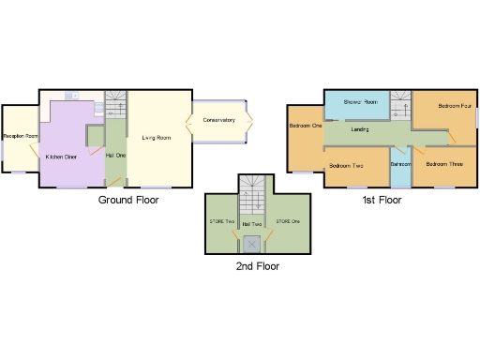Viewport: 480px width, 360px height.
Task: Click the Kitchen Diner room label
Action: point(61,157)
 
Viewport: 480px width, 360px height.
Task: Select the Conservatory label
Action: point(217,120)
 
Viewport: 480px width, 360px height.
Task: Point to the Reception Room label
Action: point(18,137)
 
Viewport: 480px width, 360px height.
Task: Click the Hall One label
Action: point(115,154)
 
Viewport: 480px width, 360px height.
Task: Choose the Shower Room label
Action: point(360,101)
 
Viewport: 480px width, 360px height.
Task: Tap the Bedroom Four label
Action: point(454,105)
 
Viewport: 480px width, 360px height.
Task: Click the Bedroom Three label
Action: point(443,164)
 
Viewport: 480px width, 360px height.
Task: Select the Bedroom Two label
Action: point(346,166)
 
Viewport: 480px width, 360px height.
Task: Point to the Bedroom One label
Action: point(306,126)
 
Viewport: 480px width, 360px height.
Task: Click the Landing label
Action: point(360,129)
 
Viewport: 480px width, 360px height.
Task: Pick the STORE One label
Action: point(288,221)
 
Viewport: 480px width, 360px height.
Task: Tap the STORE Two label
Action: point(222,221)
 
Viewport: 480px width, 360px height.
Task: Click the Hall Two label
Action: point(252,225)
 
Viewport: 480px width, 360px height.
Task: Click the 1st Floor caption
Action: point(383,201)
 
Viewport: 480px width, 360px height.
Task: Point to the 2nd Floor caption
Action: point(257,266)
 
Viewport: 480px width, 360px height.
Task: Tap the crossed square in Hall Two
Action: point(252,245)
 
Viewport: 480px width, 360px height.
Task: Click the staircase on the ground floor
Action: point(114,104)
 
